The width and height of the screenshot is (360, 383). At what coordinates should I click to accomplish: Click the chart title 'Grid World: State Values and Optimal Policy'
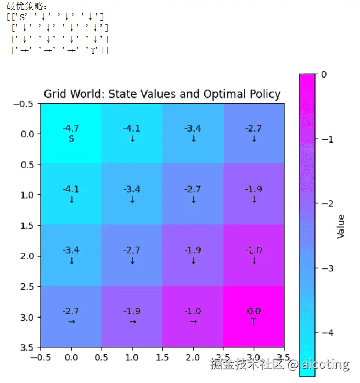click(162, 94)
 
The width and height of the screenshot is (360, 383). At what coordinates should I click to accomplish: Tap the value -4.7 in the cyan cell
click(71, 128)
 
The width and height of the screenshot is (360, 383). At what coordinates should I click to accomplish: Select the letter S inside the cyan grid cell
click(71, 139)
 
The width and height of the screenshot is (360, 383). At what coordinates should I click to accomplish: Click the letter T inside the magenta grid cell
click(254, 322)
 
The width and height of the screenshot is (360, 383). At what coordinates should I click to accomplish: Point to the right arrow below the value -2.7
click(71, 322)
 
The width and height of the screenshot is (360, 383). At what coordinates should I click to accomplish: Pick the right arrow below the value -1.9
click(132, 322)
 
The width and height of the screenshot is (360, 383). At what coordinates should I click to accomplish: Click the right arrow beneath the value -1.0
click(193, 322)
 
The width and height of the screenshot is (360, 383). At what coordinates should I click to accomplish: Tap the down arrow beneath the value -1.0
click(254, 260)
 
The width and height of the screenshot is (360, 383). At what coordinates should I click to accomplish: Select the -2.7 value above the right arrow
click(71, 311)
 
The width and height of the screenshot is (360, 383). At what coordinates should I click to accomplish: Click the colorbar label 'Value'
click(341, 226)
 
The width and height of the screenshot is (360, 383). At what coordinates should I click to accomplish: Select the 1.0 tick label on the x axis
click(132, 358)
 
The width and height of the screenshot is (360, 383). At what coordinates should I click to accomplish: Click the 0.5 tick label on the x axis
click(102, 358)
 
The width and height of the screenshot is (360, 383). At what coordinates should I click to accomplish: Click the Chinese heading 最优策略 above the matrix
click(25, 7)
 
